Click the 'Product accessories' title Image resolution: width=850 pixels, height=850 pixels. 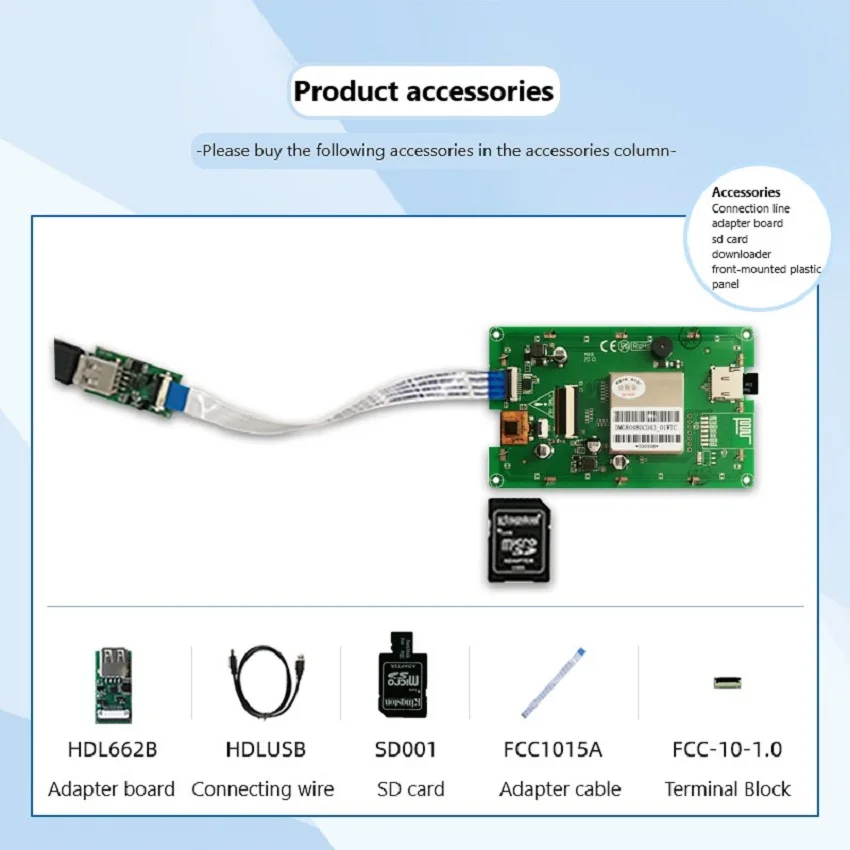pyautogui.click(x=423, y=92)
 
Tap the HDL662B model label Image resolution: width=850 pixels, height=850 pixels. pyautogui.click(x=112, y=749)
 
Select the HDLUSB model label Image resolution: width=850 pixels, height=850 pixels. pyautogui.click(x=265, y=749)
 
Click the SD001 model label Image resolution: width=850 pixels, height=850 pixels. pyautogui.click(x=405, y=749)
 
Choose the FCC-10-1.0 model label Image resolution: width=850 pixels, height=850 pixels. pyautogui.click(x=727, y=749)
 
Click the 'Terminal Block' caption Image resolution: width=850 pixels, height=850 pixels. pyautogui.click(x=727, y=789)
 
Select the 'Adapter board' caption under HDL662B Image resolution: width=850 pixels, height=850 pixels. pyautogui.click(x=111, y=789)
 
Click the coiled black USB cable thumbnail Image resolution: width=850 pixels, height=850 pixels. pyautogui.click(x=265, y=683)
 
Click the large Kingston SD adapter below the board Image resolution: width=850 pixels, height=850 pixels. pyautogui.click(x=520, y=539)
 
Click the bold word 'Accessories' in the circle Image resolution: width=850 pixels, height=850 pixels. pyautogui.click(x=746, y=192)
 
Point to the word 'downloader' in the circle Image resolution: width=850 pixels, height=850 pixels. pyautogui.click(x=741, y=254)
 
